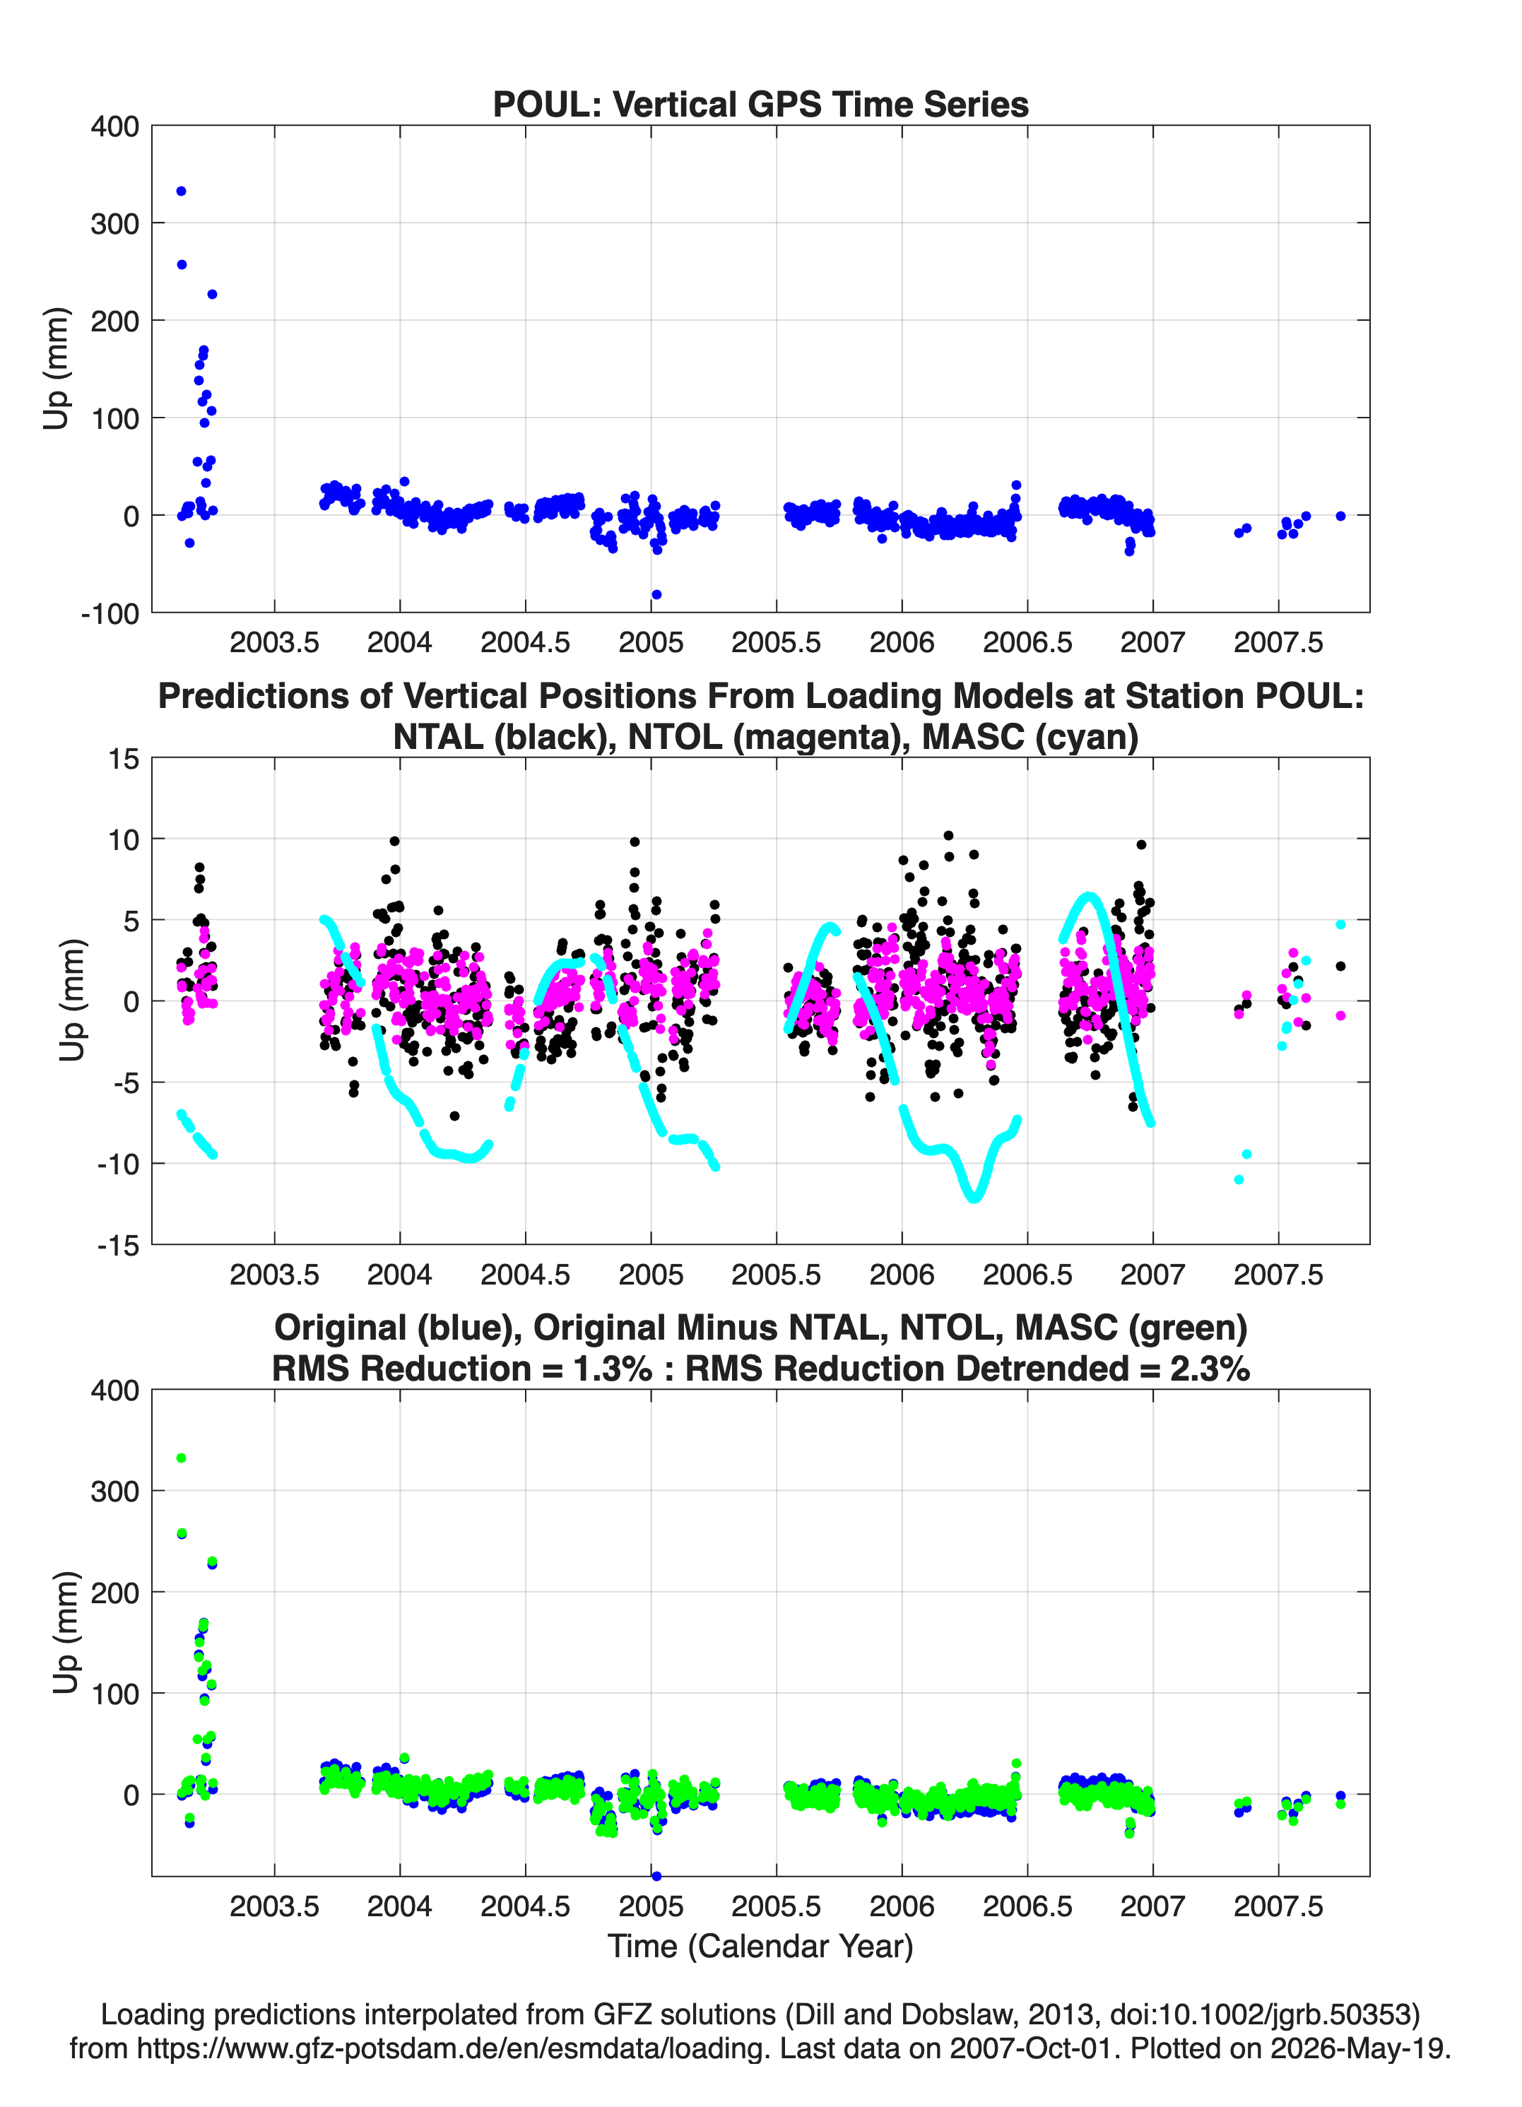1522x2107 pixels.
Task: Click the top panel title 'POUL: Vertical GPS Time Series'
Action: (760, 104)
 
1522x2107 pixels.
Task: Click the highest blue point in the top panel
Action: (181, 191)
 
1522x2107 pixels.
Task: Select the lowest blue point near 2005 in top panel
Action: (656, 594)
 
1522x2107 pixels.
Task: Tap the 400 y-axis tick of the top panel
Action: (115, 126)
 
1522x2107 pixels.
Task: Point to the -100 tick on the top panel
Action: (110, 613)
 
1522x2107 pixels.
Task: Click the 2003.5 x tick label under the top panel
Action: (274, 642)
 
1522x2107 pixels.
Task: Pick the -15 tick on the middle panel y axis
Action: (118, 1245)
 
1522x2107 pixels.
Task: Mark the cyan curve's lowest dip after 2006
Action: (974, 1198)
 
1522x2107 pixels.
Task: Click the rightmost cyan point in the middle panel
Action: (1340, 924)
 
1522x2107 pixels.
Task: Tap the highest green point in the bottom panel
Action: (181, 1458)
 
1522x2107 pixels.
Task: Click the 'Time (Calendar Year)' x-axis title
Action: (760, 1947)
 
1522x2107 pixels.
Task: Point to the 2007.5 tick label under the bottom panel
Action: (1278, 1906)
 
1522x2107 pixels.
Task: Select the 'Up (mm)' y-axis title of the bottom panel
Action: (65, 1633)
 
